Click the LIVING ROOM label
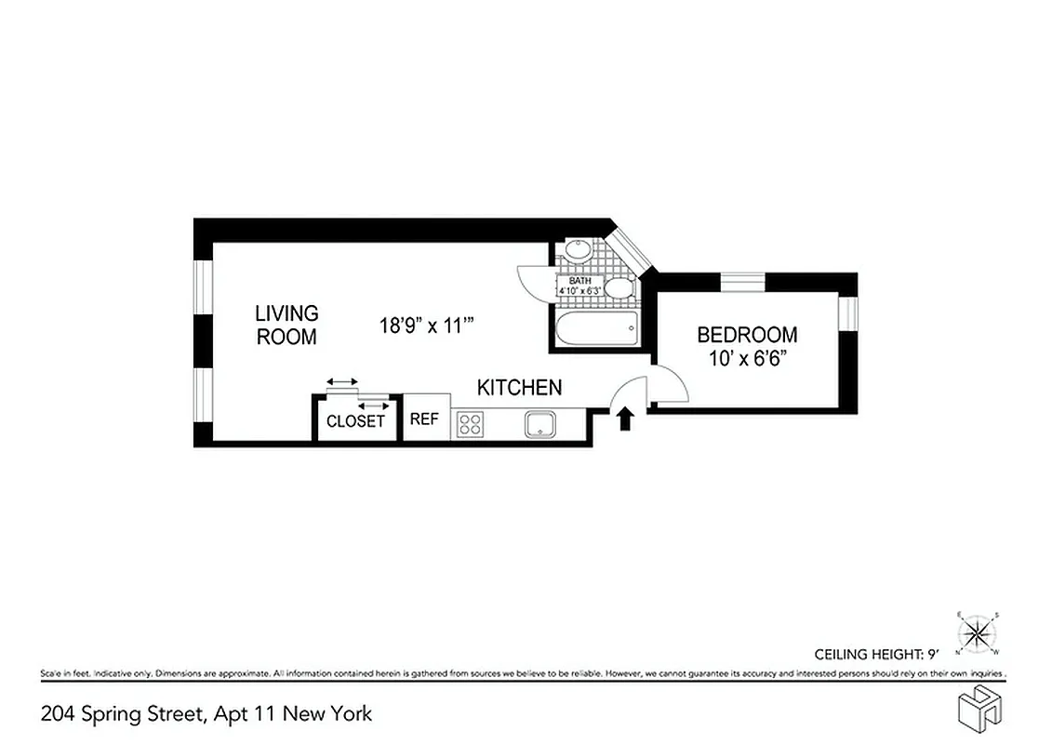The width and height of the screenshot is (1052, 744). (286, 325)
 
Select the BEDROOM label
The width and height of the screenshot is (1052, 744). (747, 335)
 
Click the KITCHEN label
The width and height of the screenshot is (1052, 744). (519, 387)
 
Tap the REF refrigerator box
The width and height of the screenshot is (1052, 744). (424, 418)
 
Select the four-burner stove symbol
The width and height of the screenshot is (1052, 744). (470, 424)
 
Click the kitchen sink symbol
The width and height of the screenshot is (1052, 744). (539, 424)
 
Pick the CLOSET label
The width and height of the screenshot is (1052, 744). (355, 421)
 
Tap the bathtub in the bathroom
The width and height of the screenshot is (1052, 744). (595, 325)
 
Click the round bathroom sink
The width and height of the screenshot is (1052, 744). (577, 250)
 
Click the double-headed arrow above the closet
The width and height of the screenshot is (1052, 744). (341, 382)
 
